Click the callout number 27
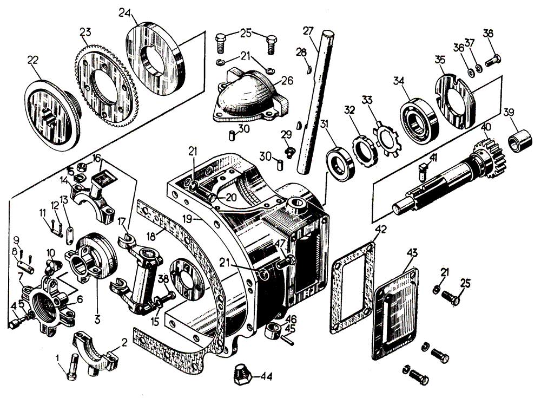click(308, 31)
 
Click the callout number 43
click(412, 253)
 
